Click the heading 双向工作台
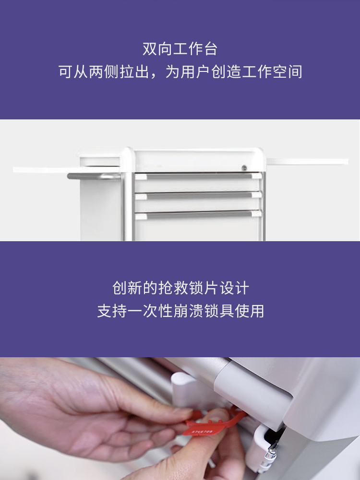(180, 49)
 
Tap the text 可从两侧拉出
(104, 72)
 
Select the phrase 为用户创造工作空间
(234, 72)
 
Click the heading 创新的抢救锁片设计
(180, 288)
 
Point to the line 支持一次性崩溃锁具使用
(180, 311)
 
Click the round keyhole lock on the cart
(244, 168)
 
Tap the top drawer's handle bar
(199, 176)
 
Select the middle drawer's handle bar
(199, 195)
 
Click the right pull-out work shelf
(307, 162)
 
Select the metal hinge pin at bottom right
(271, 455)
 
